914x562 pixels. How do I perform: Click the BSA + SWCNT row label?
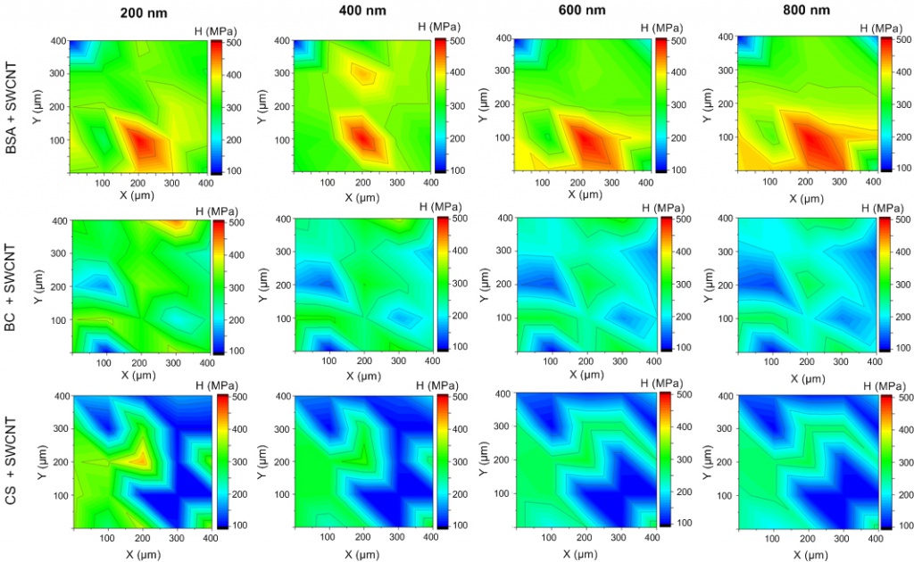click(x=12, y=104)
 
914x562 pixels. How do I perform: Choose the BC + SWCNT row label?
click(x=12, y=284)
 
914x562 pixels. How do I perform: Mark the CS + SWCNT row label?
click(x=12, y=459)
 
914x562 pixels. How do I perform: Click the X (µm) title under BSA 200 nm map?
click(x=140, y=194)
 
